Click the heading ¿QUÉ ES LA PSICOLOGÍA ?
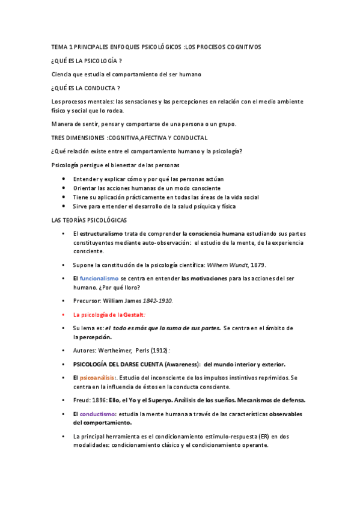pyautogui.click(x=87, y=61)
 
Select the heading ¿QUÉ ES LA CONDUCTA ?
pyautogui.click(x=85, y=88)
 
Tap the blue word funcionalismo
pyautogui.click(x=100, y=278)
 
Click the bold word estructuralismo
pyautogui.click(x=102, y=233)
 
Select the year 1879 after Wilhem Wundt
pyautogui.click(x=257, y=265)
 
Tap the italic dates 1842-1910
pyautogui.click(x=157, y=300)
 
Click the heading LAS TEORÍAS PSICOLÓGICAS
pyautogui.click(x=89, y=220)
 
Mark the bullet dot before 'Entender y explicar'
pyautogui.click(x=64, y=179)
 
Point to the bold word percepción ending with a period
pyautogui.click(x=96, y=337)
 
